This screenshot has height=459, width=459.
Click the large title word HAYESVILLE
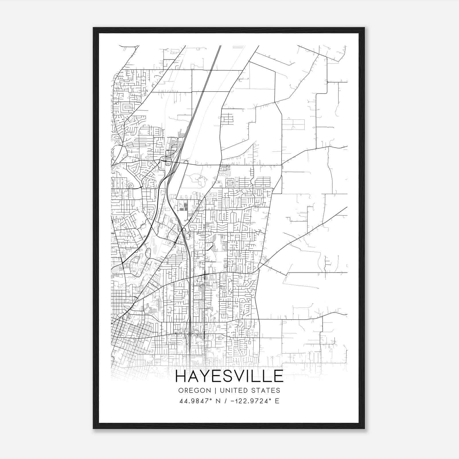click(x=229, y=376)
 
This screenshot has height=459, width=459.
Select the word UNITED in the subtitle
click(x=230, y=390)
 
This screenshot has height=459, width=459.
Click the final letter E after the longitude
click(x=277, y=401)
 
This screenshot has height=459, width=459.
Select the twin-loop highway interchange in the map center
click(x=182, y=230)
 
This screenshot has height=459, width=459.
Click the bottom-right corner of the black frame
click(x=364, y=428)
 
